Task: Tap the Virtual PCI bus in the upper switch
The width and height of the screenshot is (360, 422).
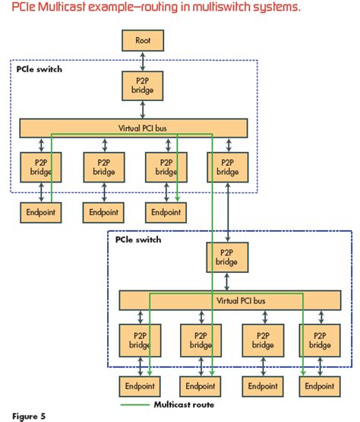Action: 133,127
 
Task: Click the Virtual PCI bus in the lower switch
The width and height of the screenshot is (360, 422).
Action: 232,300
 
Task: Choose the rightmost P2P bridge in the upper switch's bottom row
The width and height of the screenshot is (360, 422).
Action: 226,167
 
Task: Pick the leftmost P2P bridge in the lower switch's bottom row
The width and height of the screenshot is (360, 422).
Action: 139,339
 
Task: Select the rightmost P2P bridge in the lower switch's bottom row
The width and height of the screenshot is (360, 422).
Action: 319,339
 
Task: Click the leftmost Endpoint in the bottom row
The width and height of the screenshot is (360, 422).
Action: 139,388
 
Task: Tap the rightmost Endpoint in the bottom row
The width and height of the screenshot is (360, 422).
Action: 319,388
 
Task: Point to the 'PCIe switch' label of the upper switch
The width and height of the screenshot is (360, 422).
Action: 39,69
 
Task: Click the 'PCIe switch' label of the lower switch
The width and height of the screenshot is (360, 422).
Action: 138,240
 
